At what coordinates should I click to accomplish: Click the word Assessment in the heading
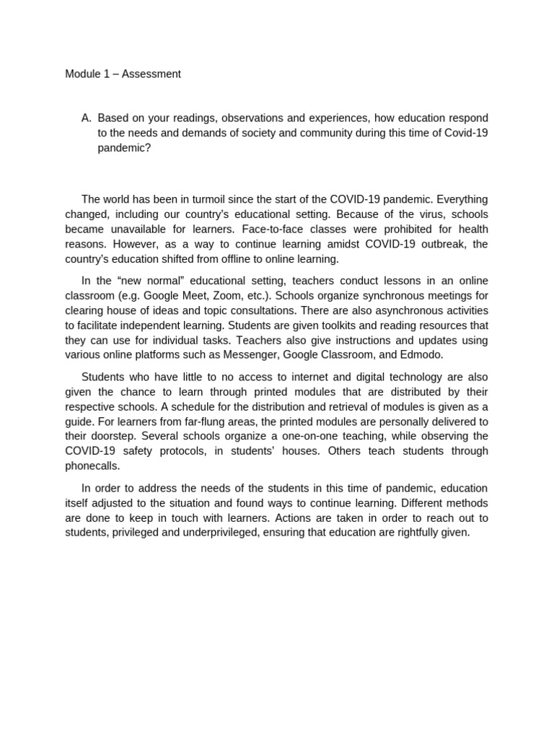point(151,74)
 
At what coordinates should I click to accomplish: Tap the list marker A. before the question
point(87,118)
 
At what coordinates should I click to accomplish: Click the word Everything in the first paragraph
point(462,199)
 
